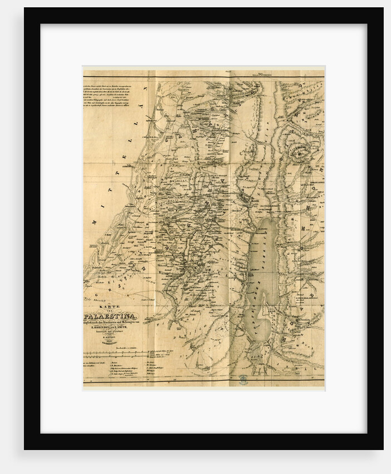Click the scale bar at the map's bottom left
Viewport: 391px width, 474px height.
(x=114, y=354)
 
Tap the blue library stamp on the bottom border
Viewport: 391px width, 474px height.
(x=243, y=379)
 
